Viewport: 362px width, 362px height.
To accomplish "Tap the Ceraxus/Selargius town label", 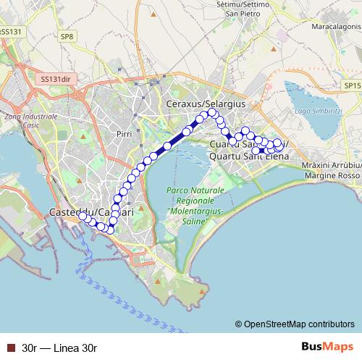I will point(206,105).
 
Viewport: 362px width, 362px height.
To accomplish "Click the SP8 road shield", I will point(67,36).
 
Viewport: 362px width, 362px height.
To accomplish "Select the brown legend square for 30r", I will point(10,348).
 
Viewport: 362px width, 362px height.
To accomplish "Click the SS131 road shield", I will point(12,32).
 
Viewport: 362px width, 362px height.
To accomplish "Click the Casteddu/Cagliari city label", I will point(90,212).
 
